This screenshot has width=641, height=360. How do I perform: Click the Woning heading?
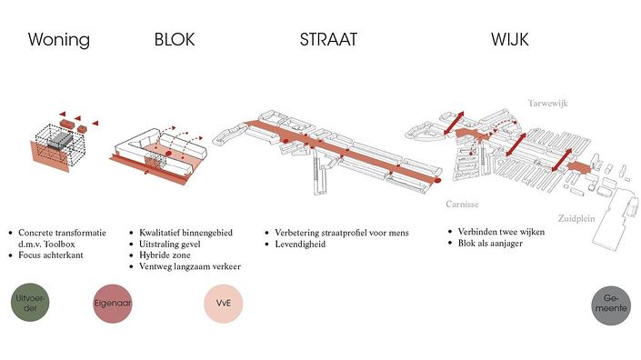(x=59, y=40)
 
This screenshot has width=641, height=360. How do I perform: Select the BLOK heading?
(x=175, y=40)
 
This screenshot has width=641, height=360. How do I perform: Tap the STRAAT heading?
(x=328, y=40)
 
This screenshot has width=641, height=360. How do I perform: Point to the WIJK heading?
(x=510, y=40)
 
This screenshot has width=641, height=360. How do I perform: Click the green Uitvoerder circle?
(x=30, y=303)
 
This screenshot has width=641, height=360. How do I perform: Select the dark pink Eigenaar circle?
(x=113, y=304)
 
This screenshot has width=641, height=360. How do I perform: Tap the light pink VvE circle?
(x=224, y=304)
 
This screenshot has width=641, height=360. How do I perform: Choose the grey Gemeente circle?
(x=611, y=305)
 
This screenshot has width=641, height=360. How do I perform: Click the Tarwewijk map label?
(x=547, y=104)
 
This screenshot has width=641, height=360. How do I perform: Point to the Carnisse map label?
(x=463, y=205)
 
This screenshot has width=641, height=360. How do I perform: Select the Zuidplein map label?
(x=576, y=218)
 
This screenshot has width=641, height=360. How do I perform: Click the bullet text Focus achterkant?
(x=51, y=255)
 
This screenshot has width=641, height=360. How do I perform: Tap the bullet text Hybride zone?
(x=165, y=255)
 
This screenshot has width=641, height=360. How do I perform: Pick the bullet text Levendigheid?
(x=300, y=244)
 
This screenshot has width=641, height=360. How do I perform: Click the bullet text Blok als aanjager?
(x=490, y=243)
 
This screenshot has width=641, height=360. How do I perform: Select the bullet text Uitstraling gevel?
(x=170, y=244)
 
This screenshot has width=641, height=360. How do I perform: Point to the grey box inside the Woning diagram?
(x=60, y=140)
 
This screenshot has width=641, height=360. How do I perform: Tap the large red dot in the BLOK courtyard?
(x=168, y=154)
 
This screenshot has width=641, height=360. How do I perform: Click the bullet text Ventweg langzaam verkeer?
(x=190, y=266)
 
